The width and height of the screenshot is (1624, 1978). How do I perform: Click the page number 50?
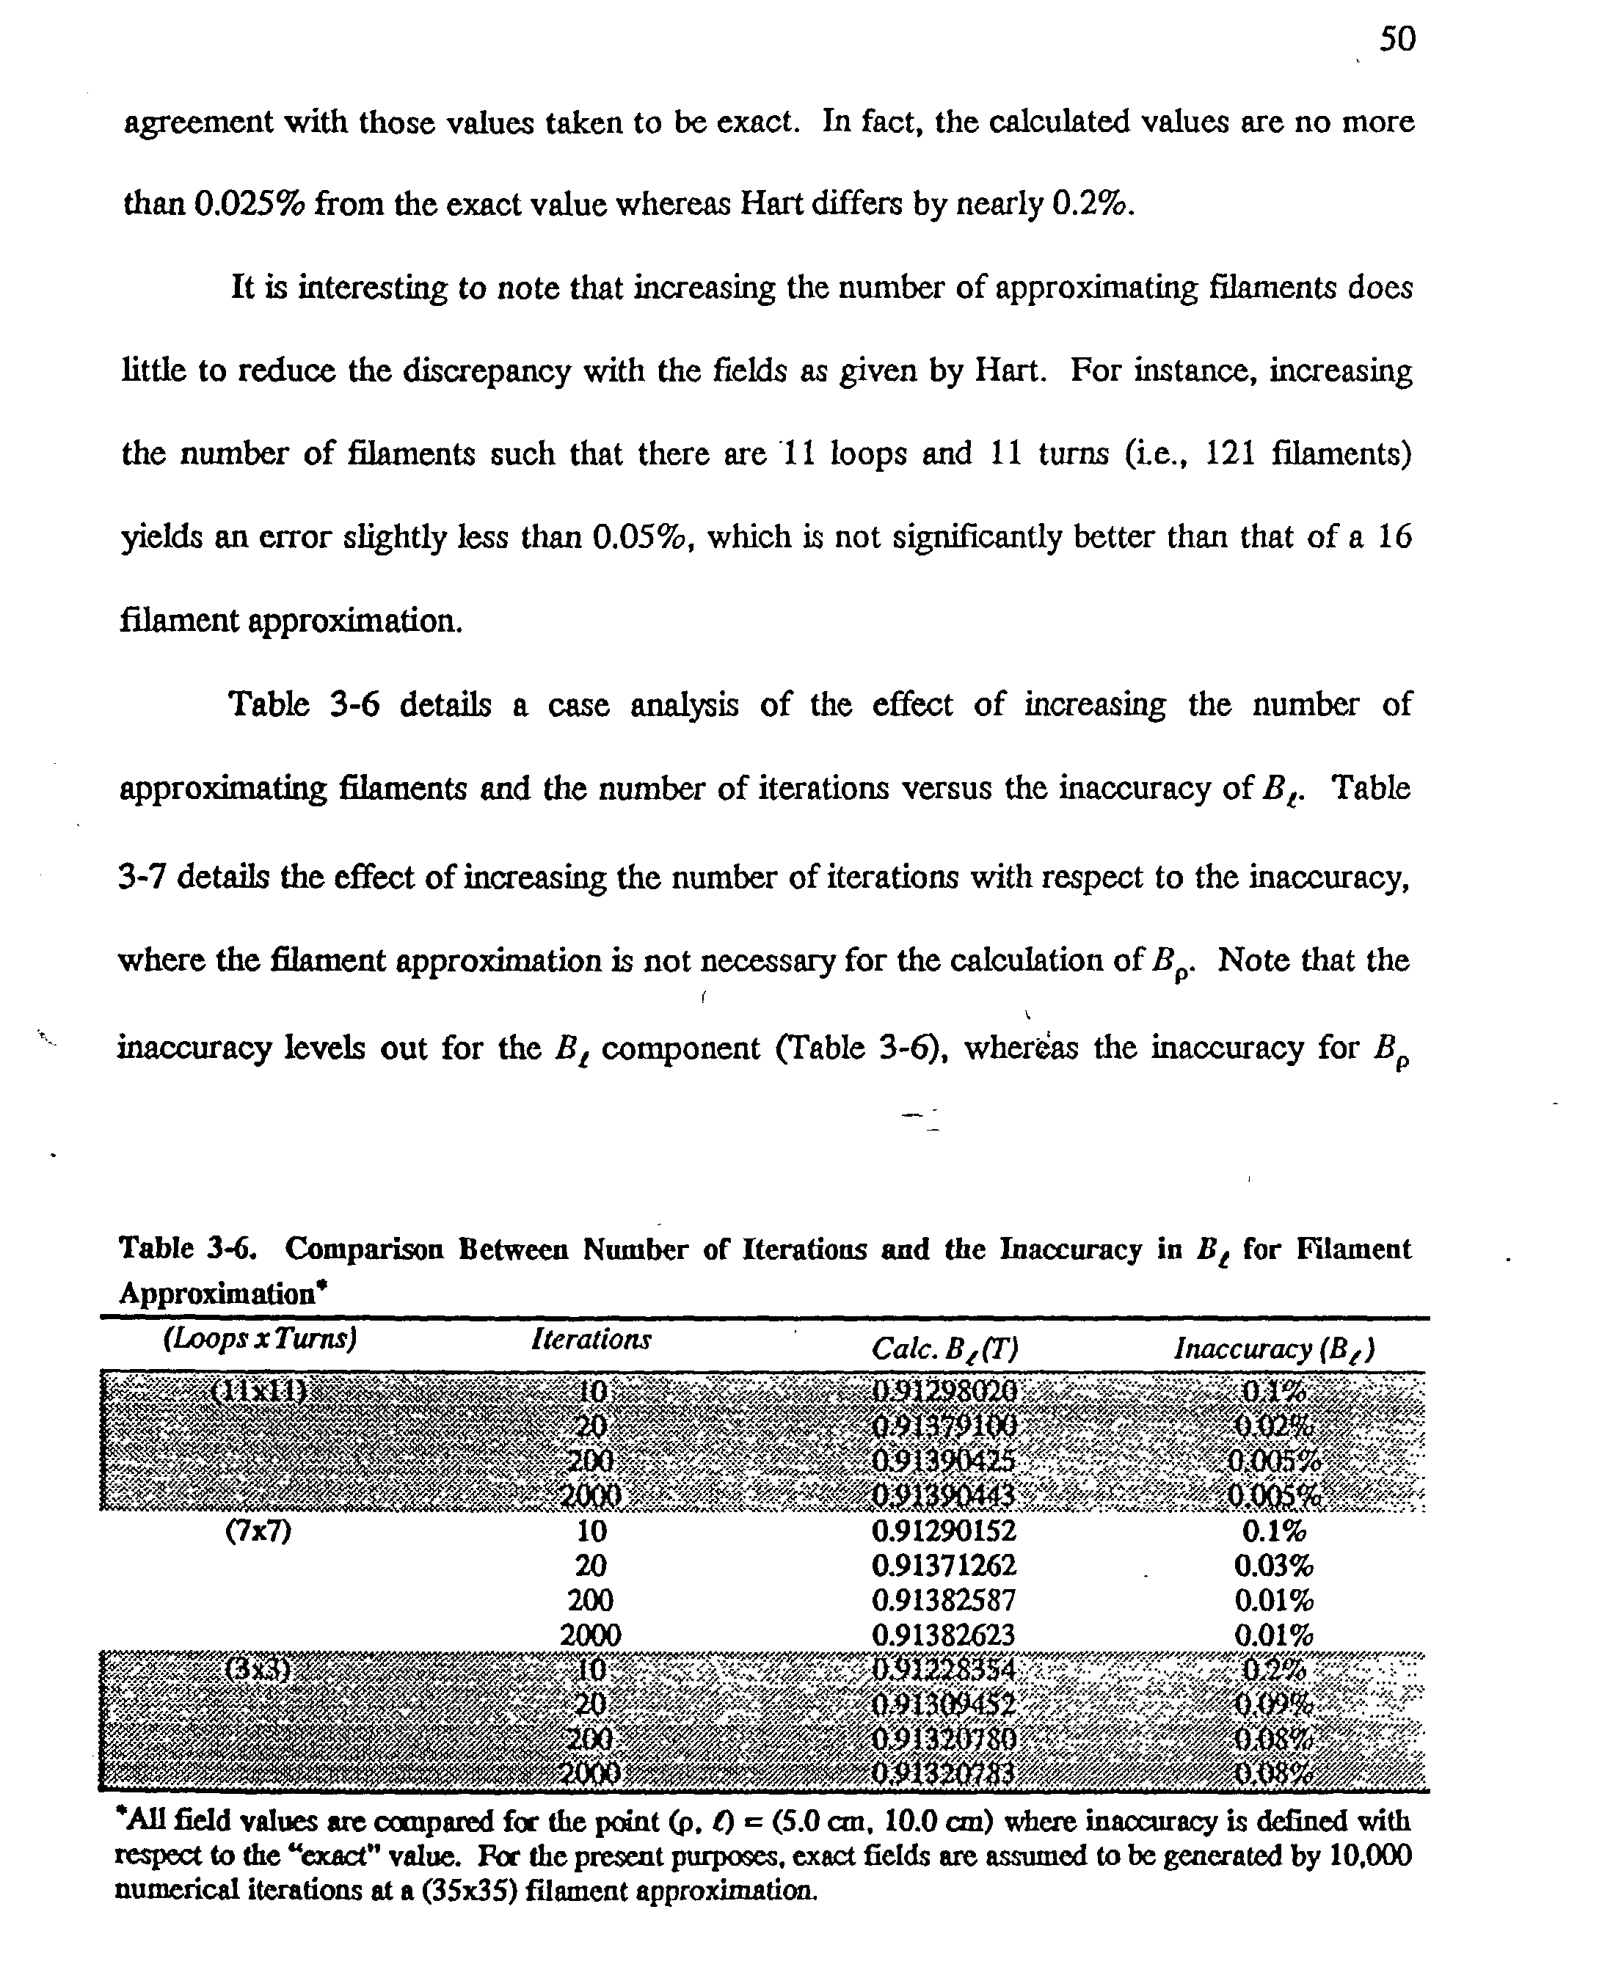[1398, 40]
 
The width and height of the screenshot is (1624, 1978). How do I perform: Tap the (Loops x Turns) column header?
[260, 1339]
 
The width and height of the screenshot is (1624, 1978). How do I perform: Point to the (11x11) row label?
[259, 1390]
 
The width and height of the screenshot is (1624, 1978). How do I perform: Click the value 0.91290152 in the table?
[943, 1531]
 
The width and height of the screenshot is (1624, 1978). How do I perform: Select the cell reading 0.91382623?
[943, 1635]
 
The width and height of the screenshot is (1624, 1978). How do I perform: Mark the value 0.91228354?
[943, 1671]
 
